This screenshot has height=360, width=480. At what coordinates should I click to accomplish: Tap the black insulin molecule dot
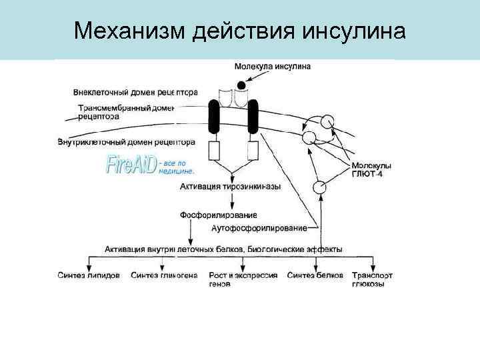tap(241, 85)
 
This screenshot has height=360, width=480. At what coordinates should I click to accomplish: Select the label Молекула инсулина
tap(272, 67)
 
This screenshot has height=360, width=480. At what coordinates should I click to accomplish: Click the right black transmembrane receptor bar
tap(253, 119)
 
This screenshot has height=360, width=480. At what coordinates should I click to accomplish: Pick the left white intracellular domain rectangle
tap(215, 151)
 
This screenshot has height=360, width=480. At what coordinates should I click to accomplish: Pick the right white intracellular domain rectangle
tap(253, 151)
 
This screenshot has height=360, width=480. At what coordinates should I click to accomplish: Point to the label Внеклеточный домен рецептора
tap(136, 92)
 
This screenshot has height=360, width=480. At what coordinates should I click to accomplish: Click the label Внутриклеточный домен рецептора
tap(127, 141)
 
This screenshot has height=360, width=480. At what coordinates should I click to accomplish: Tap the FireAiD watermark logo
tap(131, 165)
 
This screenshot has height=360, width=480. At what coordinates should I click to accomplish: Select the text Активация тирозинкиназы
tap(230, 187)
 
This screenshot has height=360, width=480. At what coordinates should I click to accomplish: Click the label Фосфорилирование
tap(218, 215)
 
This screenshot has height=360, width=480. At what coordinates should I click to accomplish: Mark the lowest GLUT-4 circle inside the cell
tap(321, 187)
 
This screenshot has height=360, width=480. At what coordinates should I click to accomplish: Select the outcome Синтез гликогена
tap(164, 275)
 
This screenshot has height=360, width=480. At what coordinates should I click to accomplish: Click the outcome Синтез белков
tap(315, 275)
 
